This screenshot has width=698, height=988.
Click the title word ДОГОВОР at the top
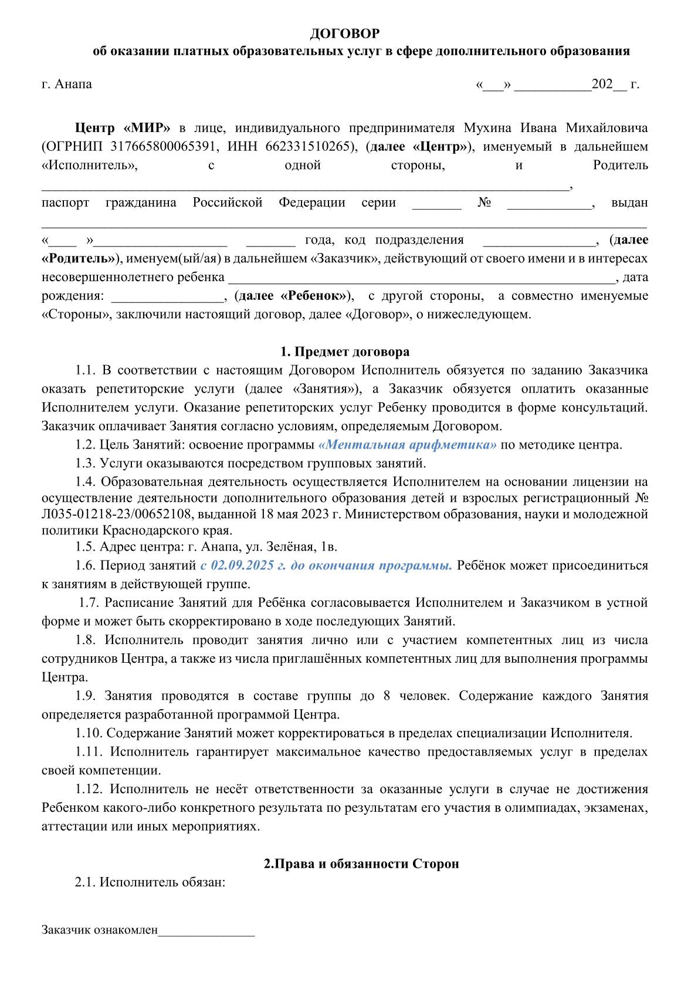(344, 33)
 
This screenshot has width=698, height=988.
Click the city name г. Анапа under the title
(67, 84)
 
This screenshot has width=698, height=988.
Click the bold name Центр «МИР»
(123, 128)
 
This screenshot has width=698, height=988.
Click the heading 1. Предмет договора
(345, 352)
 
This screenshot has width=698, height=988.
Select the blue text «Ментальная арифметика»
(407, 444)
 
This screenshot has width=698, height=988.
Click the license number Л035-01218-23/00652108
(116, 514)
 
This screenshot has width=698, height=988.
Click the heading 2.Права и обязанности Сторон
(361, 864)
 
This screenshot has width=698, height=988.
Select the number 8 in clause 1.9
(387, 696)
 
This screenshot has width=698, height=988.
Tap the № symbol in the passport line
(484, 203)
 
